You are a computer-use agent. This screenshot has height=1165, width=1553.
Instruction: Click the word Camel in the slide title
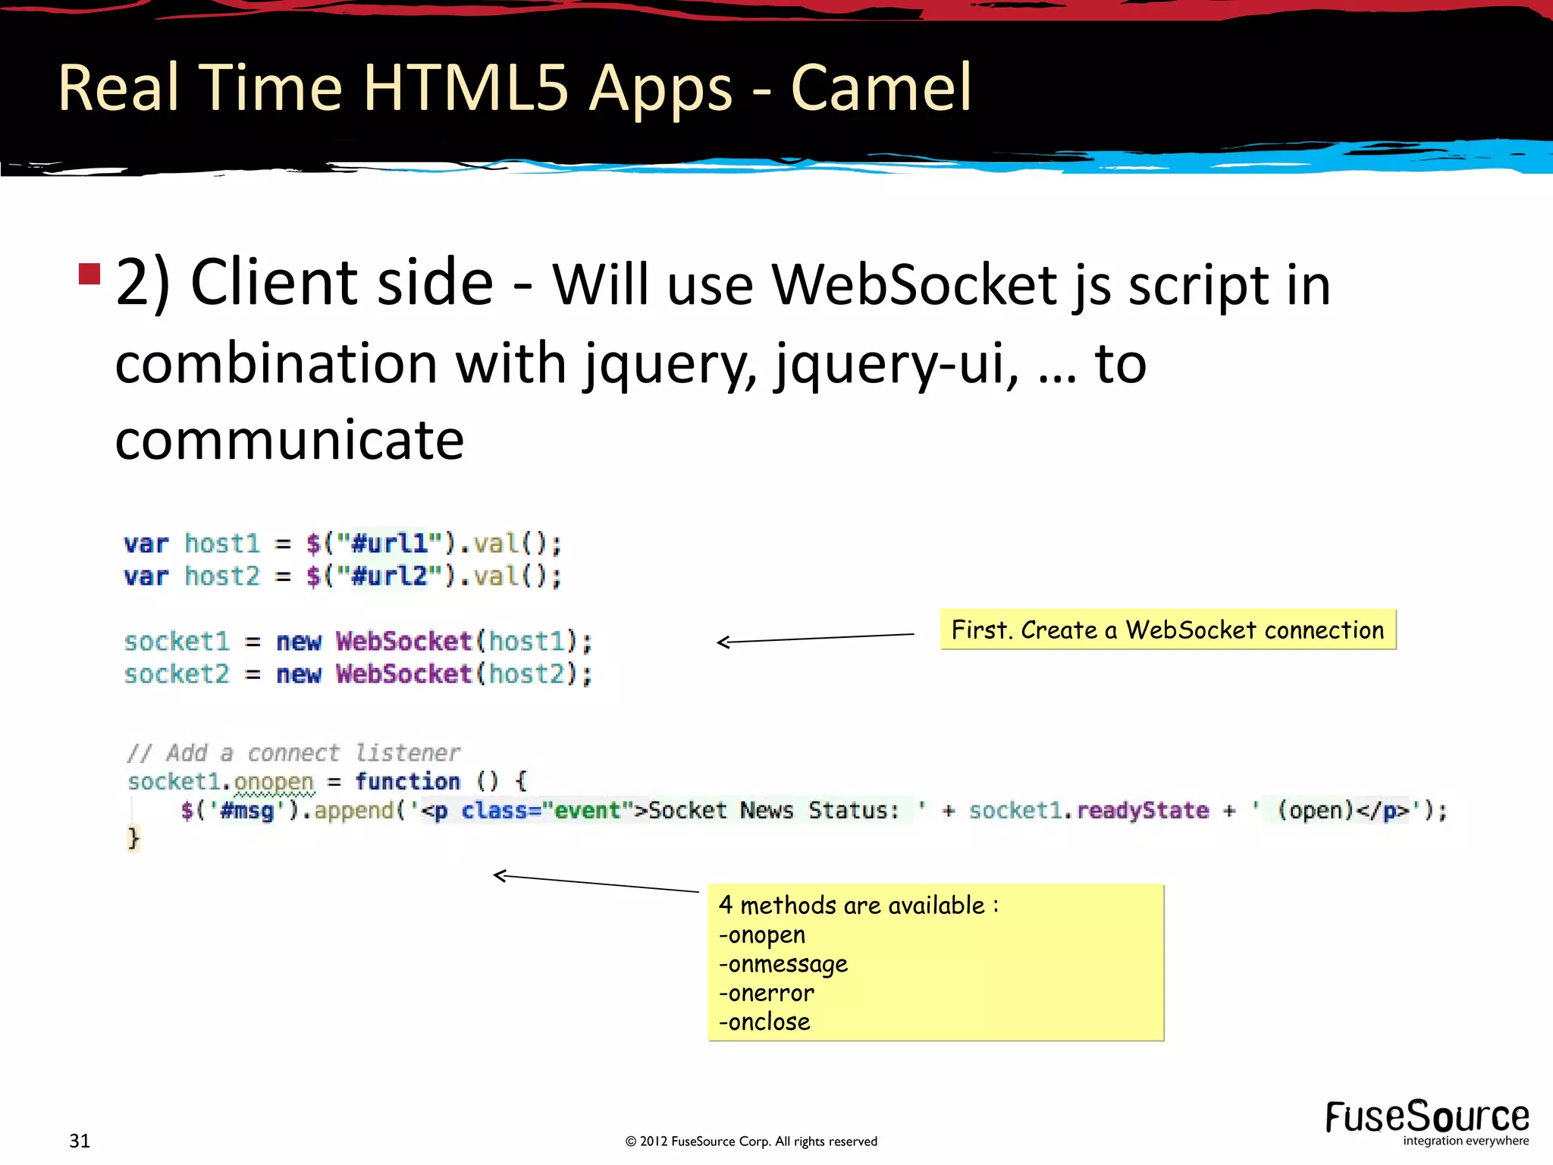(880, 88)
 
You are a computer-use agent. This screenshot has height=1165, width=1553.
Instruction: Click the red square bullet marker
(89, 274)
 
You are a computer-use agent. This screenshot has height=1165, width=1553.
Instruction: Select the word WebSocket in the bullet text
(915, 285)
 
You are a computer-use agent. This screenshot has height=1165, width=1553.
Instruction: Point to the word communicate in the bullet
(289, 440)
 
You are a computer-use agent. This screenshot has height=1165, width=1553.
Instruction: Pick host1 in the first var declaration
(222, 544)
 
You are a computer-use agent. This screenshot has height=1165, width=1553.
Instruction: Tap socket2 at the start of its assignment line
(177, 674)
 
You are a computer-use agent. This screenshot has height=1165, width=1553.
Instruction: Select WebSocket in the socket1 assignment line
(404, 642)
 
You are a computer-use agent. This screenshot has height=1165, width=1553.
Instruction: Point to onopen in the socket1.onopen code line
(274, 781)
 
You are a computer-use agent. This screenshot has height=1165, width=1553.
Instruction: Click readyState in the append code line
(1143, 810)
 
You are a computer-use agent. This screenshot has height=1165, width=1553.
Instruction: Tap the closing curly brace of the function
(133, 838)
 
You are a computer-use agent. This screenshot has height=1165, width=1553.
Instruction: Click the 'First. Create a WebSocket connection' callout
(1168, 630)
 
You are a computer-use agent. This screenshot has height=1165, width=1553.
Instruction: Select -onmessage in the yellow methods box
(783, 964)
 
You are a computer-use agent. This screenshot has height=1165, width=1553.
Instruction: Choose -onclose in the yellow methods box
(765, 1022)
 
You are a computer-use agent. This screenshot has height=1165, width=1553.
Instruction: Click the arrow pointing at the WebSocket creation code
(815, 639)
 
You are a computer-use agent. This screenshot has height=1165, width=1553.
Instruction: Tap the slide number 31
(80, 1141)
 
